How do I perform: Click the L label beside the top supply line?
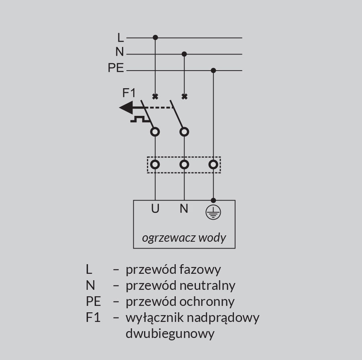120,38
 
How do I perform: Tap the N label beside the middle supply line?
120,52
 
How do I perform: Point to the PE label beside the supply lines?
116,68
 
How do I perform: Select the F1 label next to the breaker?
129,93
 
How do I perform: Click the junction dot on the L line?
155,38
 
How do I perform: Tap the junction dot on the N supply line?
184,54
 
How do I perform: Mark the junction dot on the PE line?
214,71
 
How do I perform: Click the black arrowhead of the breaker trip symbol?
126,108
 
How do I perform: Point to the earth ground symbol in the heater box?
213,212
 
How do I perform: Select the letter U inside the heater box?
155,209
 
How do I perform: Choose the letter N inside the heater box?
184,209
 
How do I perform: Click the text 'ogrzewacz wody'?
184,237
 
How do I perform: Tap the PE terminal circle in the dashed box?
214,164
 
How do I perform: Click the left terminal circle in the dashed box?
155,164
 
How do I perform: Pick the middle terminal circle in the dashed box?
184,164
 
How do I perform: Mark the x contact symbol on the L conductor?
155,97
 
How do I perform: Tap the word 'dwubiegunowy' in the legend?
170,334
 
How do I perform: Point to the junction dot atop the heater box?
214,200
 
